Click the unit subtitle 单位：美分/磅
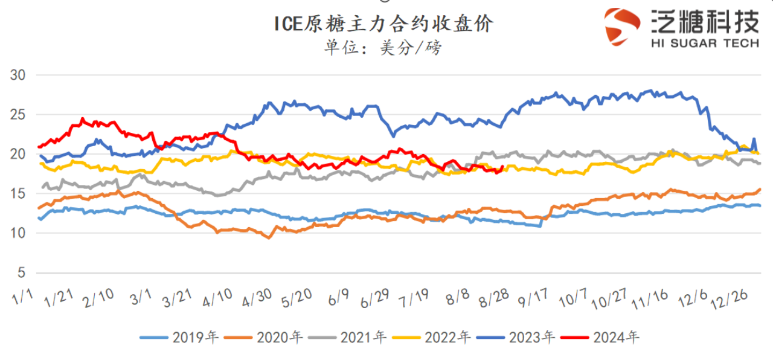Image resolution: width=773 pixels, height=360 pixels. (383, 47)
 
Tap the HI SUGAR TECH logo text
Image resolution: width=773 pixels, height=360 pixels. (704, 43)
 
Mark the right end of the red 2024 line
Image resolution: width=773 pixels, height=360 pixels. (502, 167)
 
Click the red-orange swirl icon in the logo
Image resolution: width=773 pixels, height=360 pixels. (622, 27)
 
